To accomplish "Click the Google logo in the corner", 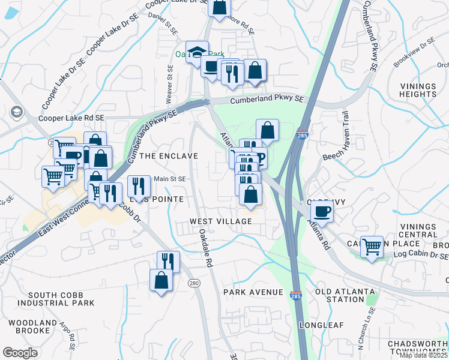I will [x=20, y=353].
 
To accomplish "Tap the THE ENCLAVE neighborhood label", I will [x=168, y=156].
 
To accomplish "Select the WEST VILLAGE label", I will [x=221, y=221].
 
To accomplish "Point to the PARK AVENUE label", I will [x=253, y=292].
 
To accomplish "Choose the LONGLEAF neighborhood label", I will [x=322, y=325].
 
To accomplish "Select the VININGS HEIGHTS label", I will [x=418, y=91].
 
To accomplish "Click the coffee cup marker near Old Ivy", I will [x=322, y=212].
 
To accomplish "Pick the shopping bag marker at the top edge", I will [x=220, y=7].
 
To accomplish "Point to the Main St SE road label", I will [x=169, y=178].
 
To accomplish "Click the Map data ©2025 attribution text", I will [x=423, y=355].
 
